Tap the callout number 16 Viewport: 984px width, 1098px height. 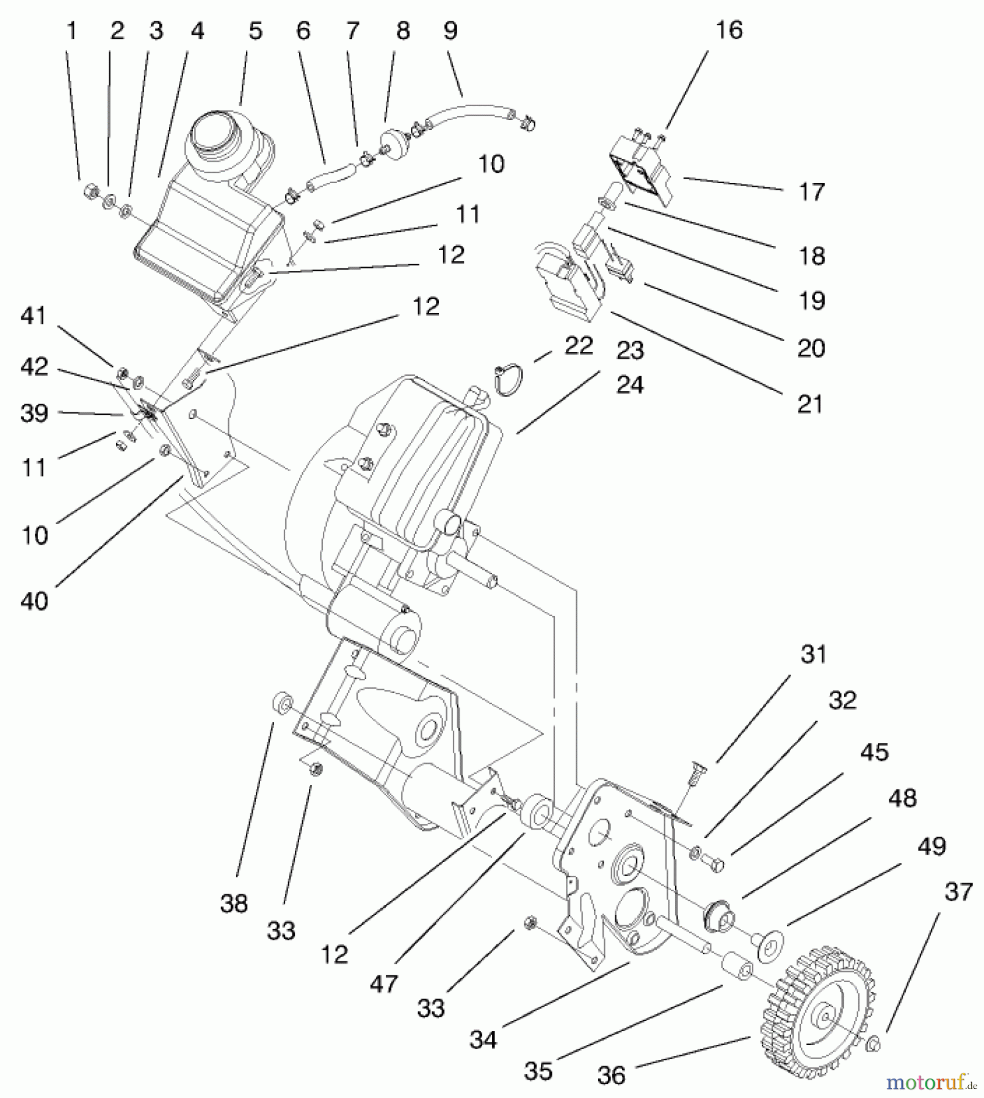coord(729,30)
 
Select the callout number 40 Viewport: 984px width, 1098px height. coord(34,601)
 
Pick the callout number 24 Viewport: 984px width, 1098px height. coord(630,385)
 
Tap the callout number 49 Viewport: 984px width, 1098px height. coord(932,846)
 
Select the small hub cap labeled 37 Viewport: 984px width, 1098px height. coord(873,1044)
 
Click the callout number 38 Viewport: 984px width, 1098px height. coord(234,903)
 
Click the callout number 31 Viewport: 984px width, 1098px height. coord(813,655)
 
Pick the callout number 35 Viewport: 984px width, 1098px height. coord(538,1071)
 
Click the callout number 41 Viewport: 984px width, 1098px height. coord(34,316)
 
